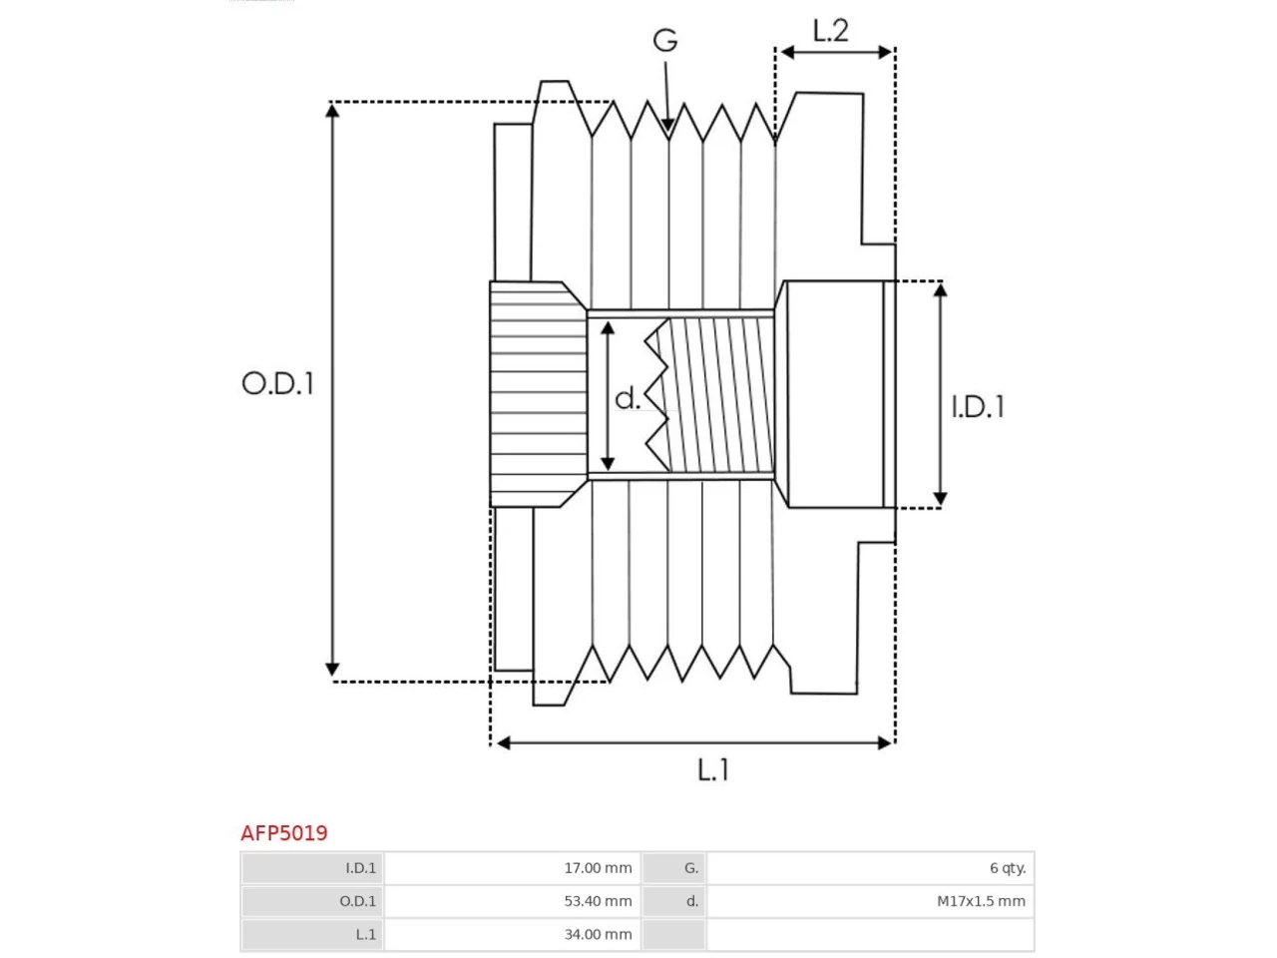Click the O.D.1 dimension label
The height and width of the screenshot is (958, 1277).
tap(277, 383)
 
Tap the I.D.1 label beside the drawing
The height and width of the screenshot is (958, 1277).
tap(978, 406)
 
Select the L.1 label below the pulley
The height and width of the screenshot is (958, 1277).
tap(712, 769)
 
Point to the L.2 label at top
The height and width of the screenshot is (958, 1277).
tap(830, 30)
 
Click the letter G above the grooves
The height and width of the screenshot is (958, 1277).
tap(665, 40)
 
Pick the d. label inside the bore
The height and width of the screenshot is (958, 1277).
tap(628, 398)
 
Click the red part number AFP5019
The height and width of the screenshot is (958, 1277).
tap(284, 833)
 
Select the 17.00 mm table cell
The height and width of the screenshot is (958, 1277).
tap(512, 868)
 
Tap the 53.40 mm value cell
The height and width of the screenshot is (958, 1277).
tap(512, 901)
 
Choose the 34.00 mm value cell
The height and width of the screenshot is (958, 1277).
tap(512, 934)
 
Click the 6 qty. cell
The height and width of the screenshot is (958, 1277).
tap(870, 868)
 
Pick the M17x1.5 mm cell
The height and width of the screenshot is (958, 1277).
tap(870, 901)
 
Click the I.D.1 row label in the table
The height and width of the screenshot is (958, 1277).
tap(312, 868)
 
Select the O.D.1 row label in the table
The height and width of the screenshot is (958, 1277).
tap(312, 901)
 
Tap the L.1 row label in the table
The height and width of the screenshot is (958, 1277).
tap(312, 934)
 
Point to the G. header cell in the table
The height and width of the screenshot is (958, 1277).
tap(673, 868)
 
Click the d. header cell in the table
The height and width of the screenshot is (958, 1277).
tap(673, 901)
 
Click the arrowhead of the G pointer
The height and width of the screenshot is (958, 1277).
tap(667, 126)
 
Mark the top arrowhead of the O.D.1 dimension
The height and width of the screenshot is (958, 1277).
tap(331, 110)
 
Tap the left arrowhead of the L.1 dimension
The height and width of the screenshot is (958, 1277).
tap(504, 742)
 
